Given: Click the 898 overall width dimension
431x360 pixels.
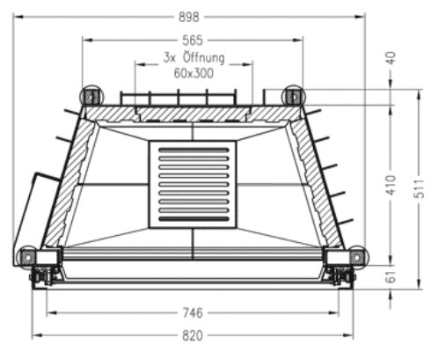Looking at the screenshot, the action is [189, 17].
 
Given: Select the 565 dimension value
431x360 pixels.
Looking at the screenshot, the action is [193, 40].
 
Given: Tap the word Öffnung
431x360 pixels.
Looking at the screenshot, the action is [204, 57].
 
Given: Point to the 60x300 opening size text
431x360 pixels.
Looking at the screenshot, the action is [194, 73].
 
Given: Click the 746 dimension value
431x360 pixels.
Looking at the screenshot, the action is [193, 312].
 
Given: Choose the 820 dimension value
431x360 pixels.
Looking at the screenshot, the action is [193, 335].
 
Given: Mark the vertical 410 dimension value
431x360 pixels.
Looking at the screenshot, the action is [391, 185].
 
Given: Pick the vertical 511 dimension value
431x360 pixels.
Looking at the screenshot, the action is [420, 188].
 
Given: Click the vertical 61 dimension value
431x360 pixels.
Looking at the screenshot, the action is [391, 276].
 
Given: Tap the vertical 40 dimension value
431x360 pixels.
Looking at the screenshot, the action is [391, 57].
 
